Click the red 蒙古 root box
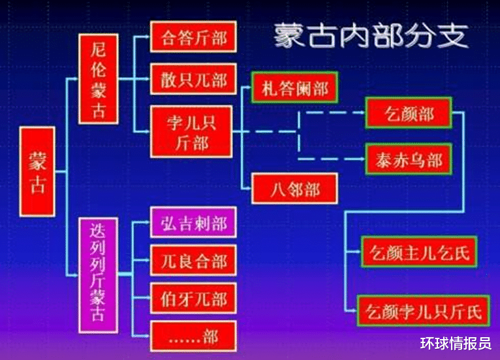[37, 172]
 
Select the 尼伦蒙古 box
[99, 79]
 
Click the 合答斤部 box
[193, 38]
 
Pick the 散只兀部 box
[193, 80]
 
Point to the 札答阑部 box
[294, 88]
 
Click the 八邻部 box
[294, 189]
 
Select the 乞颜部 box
[409, 114]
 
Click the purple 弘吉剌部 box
[193, 223]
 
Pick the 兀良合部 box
[193, 261]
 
